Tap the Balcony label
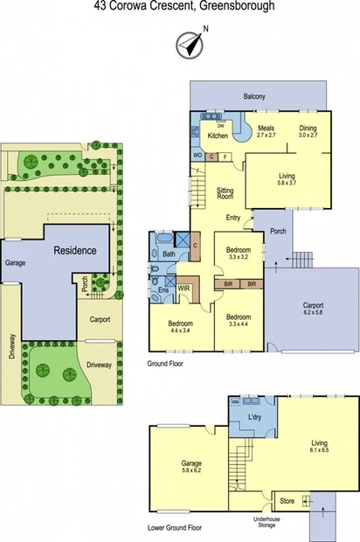(x=255, y=96)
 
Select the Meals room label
(x=267, y=129)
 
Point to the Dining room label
(x=308, y=129)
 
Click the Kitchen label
(x=218, y=135)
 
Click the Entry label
(x=233, y=218)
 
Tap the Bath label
(x=169, y=254)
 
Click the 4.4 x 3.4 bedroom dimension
(x=179, y=330)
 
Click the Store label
(x=287, y=502)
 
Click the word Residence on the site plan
(x=76, y=250)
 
